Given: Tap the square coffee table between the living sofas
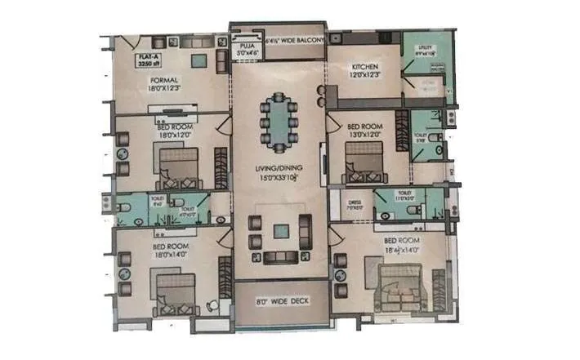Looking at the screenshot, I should click(x=280, y=231).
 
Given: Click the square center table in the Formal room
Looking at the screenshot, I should click(x=199, y=60).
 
